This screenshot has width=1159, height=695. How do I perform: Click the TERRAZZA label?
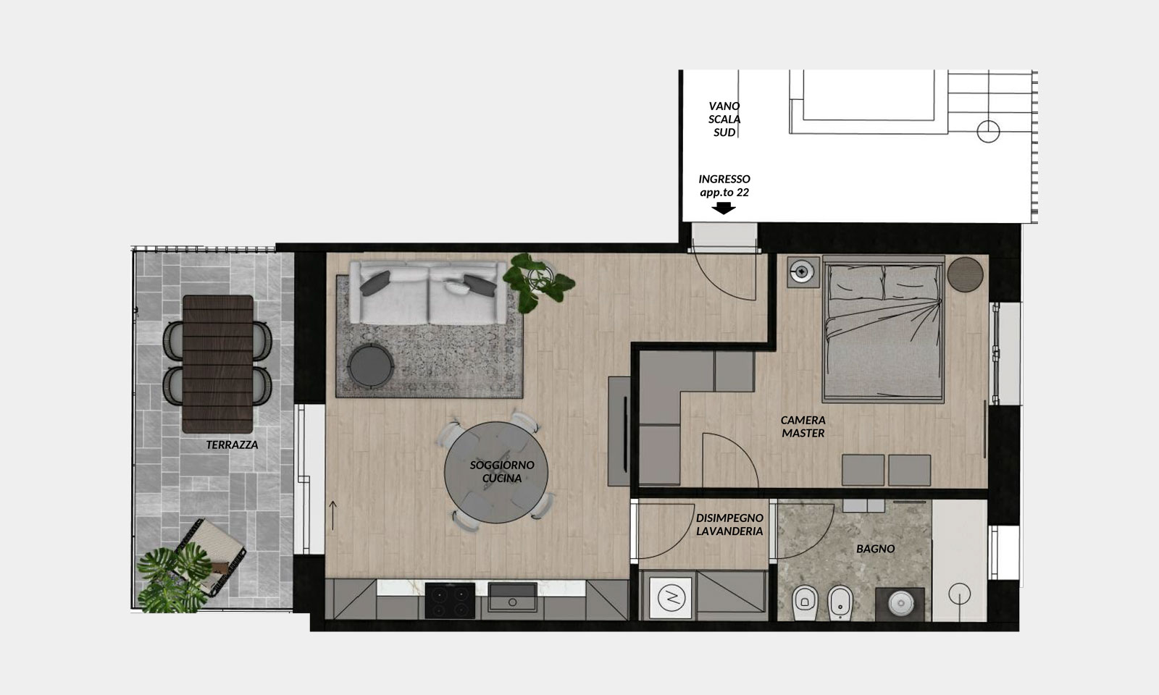pos(232,445)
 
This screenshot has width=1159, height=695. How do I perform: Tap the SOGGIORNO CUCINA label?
pos(502,471)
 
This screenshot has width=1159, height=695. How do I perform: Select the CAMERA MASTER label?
pos(803,426)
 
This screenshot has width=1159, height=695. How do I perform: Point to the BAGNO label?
pos(876,549)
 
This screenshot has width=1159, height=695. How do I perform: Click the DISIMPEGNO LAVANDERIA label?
pos(729,524)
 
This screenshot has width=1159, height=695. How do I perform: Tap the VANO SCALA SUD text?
pos(724,119)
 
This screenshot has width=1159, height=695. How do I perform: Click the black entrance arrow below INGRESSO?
pos(724,208)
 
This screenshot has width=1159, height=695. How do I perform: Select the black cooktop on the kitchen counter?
pos(450,600)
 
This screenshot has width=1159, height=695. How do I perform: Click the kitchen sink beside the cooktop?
pos(512,597)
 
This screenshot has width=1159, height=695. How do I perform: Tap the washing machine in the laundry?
pos(671,598)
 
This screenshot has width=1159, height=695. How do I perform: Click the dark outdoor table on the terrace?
pos(218,364)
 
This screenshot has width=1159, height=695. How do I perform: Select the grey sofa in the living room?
pos(428,293)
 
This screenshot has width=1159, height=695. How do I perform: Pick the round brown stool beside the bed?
pos(965,275)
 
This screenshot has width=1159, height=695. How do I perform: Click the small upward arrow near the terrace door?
pos(333,515)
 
